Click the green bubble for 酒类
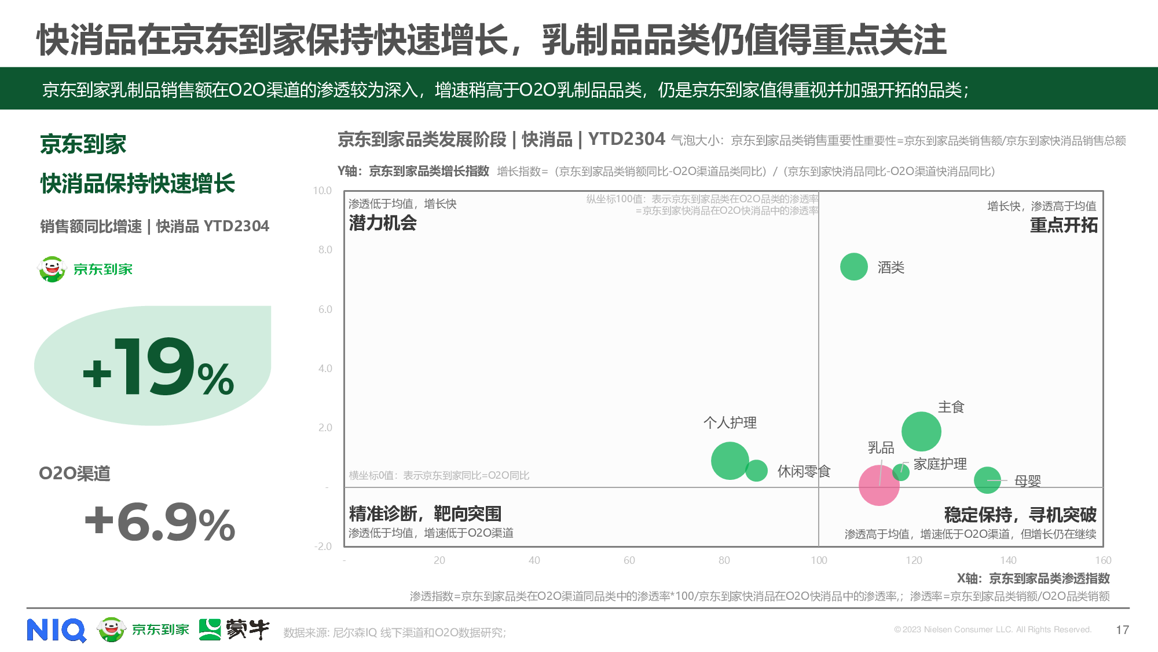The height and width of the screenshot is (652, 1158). (853, 267)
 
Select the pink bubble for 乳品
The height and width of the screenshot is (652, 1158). (879, 485)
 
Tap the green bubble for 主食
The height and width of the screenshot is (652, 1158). (921, 432)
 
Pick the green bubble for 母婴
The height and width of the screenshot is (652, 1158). (987, 480)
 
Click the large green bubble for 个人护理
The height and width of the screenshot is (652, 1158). (729, 461)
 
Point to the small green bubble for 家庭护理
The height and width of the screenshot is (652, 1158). (901, 472)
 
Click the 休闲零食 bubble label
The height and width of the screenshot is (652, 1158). (804, 471)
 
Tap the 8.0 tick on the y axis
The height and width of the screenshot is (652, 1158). (325, 250)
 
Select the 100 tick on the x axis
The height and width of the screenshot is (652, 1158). (819, 560)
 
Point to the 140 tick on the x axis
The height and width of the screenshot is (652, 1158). (1008, 560)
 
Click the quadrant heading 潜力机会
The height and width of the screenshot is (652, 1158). (383, 223)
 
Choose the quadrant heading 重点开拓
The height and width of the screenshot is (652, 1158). (1063, 225)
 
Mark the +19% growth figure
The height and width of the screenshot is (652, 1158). (158, 367)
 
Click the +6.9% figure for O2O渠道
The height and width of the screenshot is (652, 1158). (160, 522)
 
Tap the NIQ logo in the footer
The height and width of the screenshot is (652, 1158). (56, 630)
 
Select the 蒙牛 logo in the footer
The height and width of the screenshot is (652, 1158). (234, 629)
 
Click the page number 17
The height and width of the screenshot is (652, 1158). (1122, 630)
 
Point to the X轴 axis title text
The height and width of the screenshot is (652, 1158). (1033, 578)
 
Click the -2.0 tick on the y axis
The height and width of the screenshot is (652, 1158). (323, 547)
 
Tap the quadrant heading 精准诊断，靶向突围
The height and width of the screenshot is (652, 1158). (425, 513)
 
